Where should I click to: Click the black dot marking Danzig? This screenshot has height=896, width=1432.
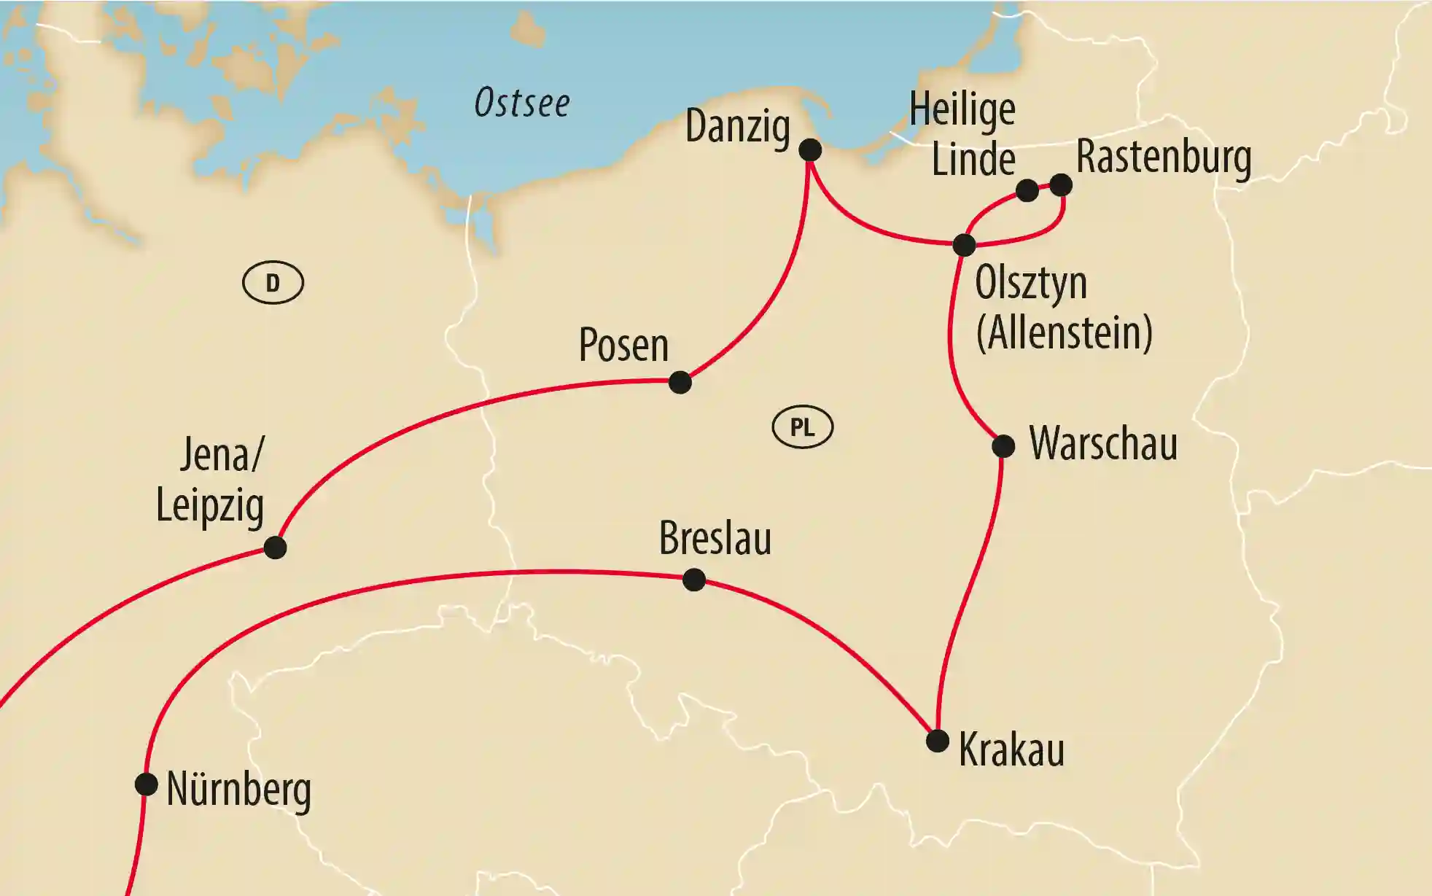(x=810, y=150)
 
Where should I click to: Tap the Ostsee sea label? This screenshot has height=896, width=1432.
(x=522, y=103)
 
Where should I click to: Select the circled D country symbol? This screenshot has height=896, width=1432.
(x=273, y=283)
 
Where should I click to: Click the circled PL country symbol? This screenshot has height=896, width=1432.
(x=803, y=426)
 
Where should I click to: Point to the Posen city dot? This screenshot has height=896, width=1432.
(x=680, y=382)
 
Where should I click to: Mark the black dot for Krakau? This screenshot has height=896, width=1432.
(x=938, y=741)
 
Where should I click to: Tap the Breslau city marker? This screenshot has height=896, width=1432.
(x=694, y=580)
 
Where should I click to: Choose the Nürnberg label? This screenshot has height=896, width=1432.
(x=239, y=790)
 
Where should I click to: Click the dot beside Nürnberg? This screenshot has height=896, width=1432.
(x=147, y=784)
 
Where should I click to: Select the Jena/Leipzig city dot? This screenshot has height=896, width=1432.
(x=275, y=548)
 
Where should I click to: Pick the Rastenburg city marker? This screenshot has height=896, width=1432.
(x=1061, y=185)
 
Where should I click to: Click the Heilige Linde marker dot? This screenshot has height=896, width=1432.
(x=1027, y=191)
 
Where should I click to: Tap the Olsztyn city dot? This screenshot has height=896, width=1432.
(x=964, y=245)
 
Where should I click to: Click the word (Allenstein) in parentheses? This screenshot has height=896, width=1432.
(x=1065, y=332)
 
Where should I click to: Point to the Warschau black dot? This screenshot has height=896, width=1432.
(x=1003, y=446)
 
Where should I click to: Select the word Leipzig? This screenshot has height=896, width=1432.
(x=210, y=505)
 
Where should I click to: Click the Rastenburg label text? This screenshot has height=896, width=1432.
(x=1164, y=157)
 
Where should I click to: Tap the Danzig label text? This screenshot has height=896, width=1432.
(x=738, y=127)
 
